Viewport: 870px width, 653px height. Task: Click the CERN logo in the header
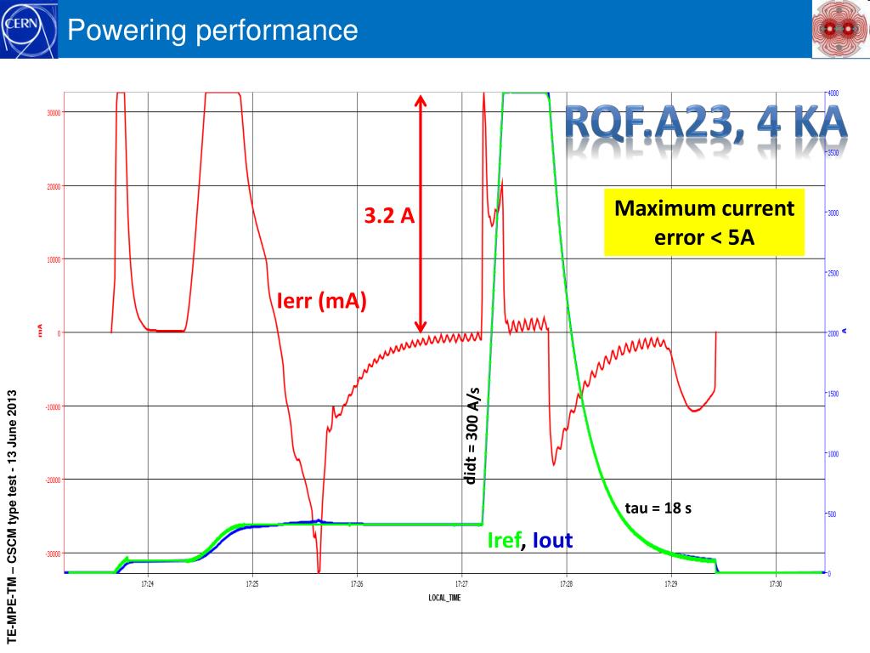click(28, 29)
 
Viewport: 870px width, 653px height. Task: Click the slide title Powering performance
click(213, 31)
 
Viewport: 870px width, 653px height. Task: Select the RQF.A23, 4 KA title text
click(707, 127)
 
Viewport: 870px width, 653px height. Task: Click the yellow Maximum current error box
click(704, 222)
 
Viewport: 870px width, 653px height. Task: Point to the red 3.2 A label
click(389, 216)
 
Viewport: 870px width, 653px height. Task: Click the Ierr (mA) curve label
click(322, 300)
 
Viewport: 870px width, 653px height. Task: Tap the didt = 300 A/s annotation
click(472, 436)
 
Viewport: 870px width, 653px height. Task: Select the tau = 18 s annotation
click(658, 508)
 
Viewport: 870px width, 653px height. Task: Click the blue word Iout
click(552, 540)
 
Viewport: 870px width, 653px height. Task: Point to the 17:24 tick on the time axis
click(148, 584)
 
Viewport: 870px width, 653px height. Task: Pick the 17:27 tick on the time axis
click(461, 584)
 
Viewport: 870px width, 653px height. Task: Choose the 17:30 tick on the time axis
click(775, 584)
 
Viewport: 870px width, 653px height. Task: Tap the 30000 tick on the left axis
click(52, 112)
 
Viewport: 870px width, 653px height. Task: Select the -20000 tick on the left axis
click(52, 480)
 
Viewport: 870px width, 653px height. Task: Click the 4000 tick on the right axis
click(833, 92)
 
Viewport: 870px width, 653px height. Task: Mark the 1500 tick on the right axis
click(833, 394)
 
